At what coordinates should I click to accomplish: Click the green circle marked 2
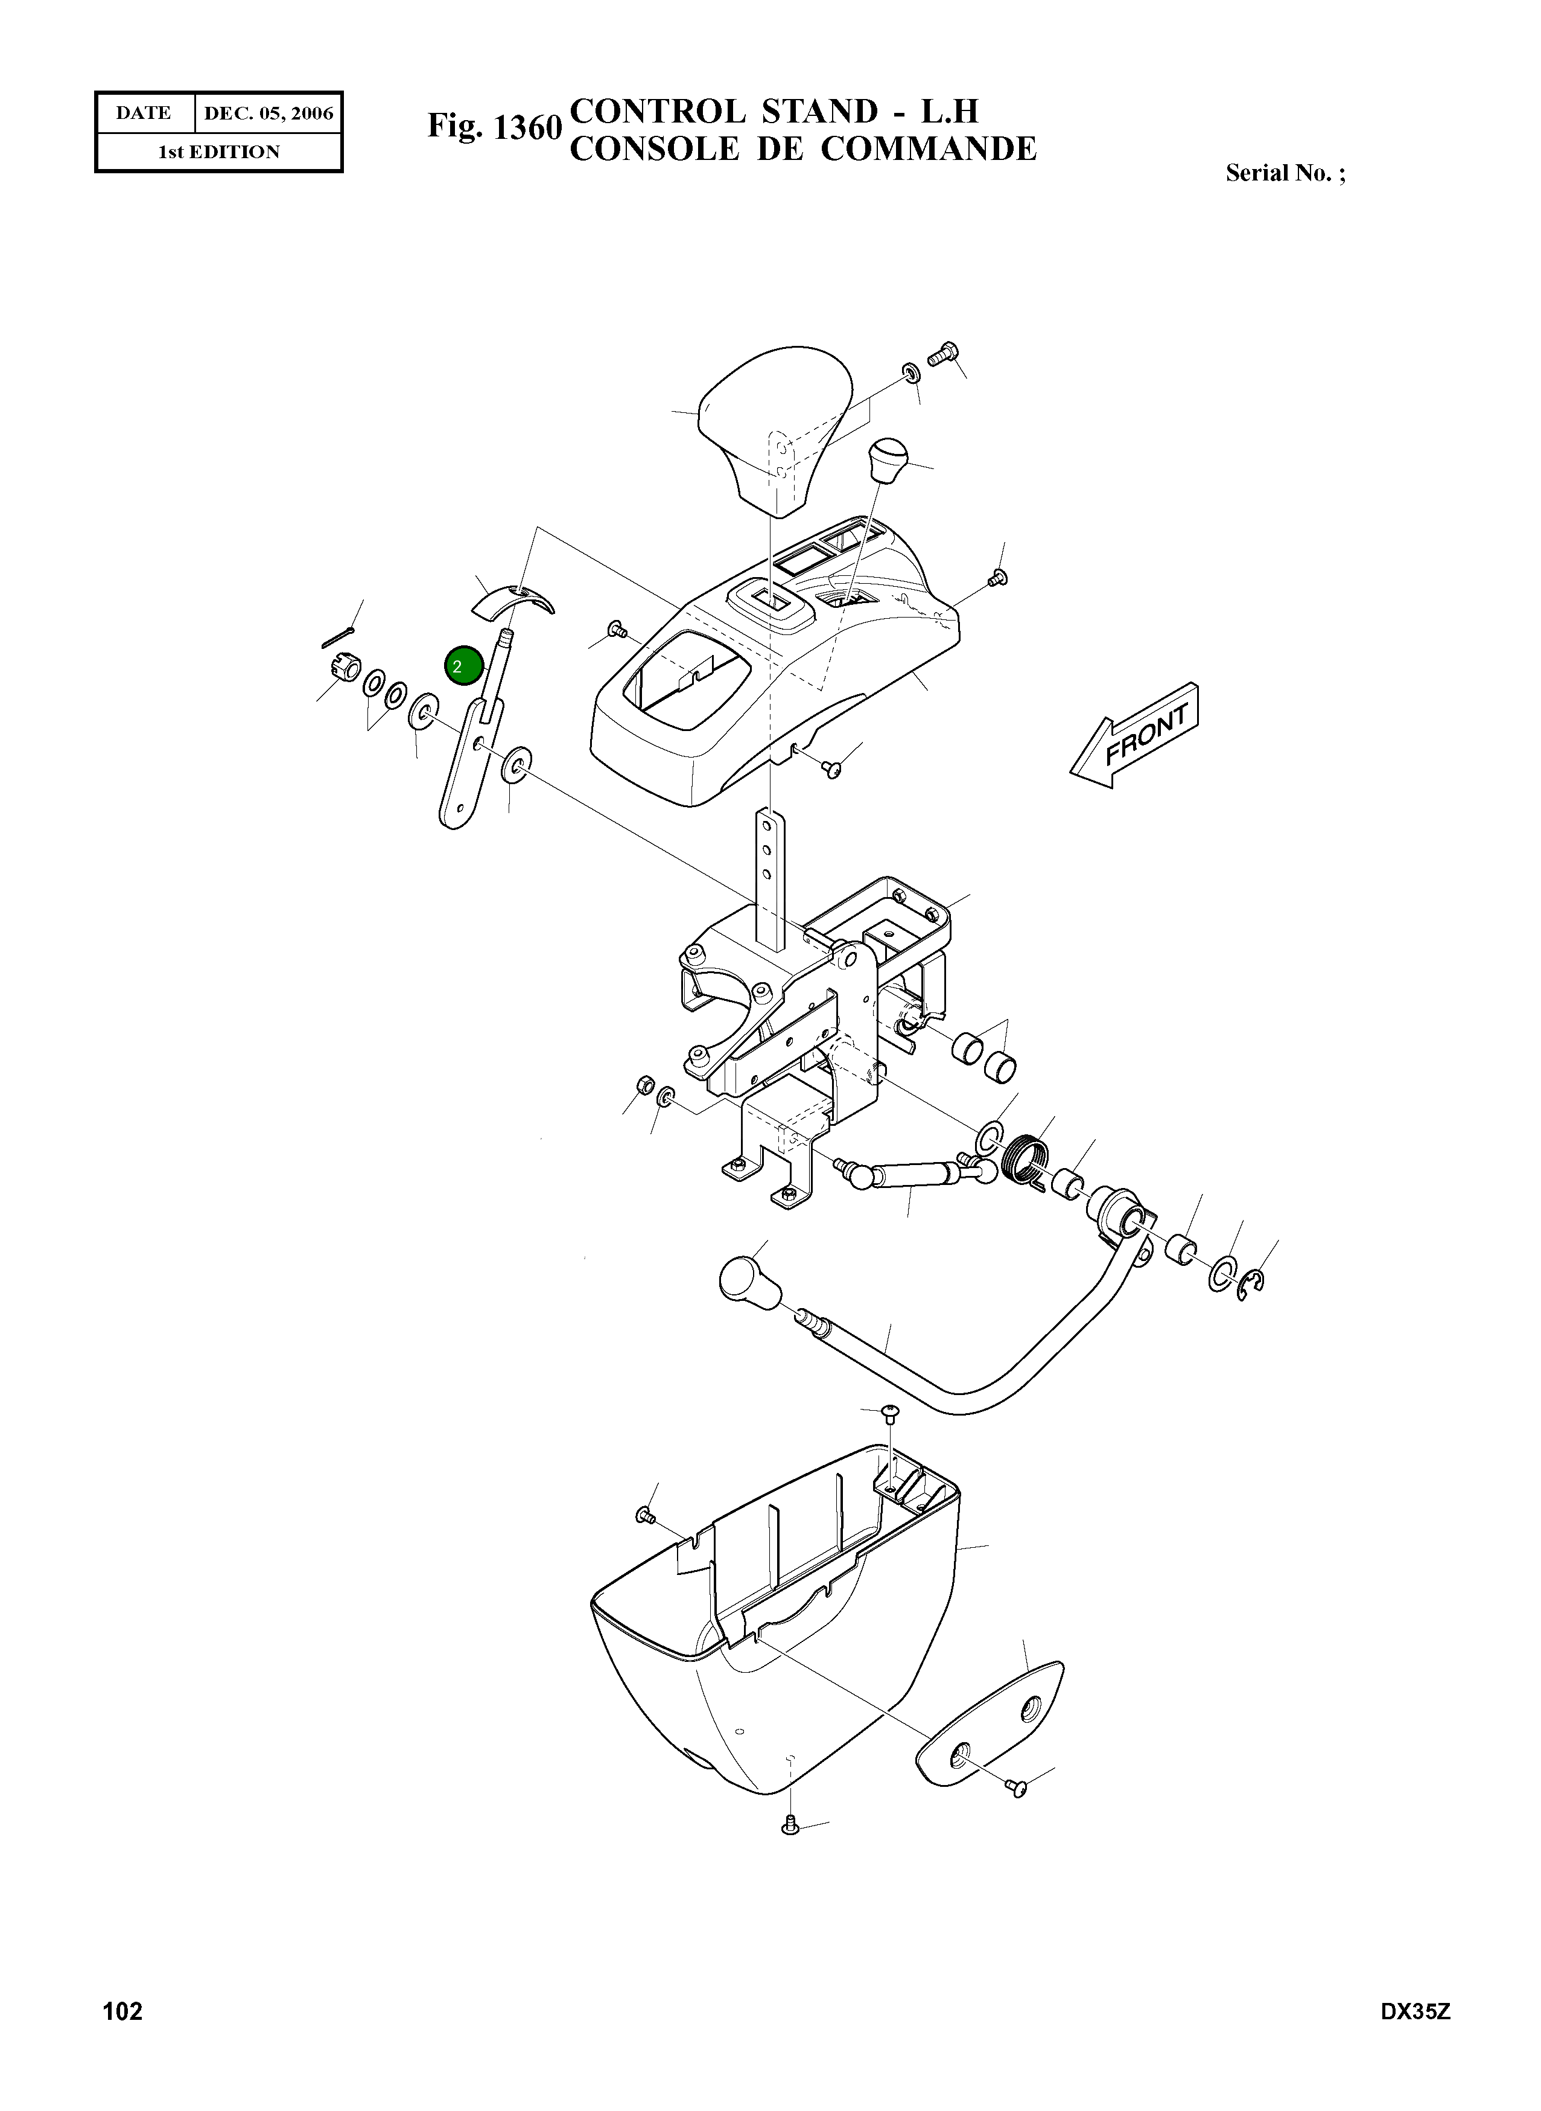tap(463, 666)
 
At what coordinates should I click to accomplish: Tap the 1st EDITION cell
tap(219, 152)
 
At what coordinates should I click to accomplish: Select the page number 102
tap(122, 2036)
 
